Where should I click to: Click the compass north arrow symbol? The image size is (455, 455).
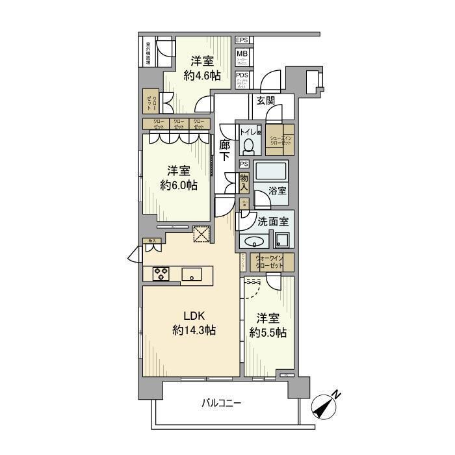tap(326, 405)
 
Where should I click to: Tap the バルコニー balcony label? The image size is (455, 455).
tap(221, 404)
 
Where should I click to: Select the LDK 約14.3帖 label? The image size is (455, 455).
tap(194, 323)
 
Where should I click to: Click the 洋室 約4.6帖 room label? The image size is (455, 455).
tap(202, 68)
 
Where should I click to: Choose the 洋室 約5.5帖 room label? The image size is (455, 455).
tap(268, 325)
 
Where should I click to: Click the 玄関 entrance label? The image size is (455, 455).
tap(265, 101)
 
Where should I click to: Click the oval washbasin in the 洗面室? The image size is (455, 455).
tap(252, 241)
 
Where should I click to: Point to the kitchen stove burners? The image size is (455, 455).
tap(161, 274)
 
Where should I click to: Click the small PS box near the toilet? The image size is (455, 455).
tap(244, 164)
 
